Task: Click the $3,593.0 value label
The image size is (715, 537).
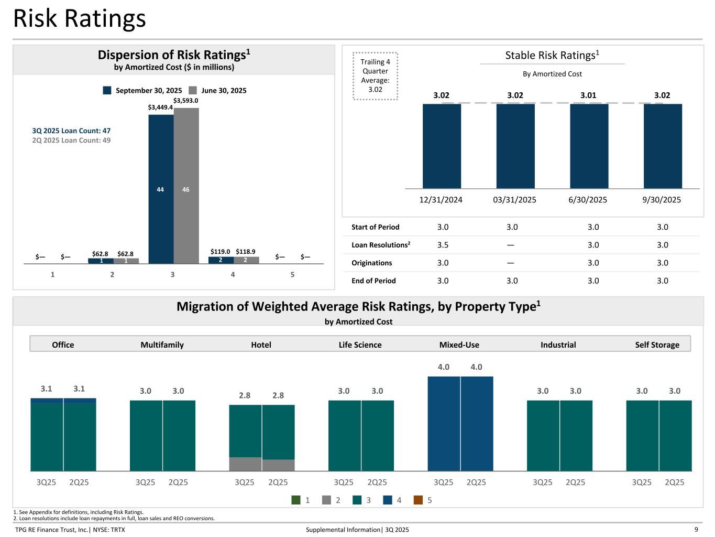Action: point(186,101)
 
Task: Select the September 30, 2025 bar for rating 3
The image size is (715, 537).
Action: point(161,189)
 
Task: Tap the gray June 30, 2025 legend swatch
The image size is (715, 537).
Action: point(193,90)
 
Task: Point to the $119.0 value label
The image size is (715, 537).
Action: point(220,252)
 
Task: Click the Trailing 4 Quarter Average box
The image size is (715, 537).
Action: point(375,76)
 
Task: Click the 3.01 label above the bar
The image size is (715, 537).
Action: point(588,95)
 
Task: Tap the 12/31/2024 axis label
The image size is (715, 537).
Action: point(441,200)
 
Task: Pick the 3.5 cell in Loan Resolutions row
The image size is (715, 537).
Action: point(443,245)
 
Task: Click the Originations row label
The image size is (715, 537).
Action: point(372,263)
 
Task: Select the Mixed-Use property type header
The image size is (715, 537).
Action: point(459,345)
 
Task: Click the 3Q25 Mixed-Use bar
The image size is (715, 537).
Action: point(444,423)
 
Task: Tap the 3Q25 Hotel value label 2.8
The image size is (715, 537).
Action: point(245,395)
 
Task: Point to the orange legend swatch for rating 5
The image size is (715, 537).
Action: point(418,500)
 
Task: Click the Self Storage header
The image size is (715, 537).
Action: point(657,345)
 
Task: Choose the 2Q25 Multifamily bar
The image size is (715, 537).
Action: point(179,435)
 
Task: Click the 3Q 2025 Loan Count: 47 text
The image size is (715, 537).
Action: point(71,131)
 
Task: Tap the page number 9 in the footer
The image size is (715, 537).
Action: point(696,530)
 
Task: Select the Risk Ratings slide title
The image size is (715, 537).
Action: point(80,18)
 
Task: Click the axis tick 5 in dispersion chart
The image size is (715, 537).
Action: point(292,274)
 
